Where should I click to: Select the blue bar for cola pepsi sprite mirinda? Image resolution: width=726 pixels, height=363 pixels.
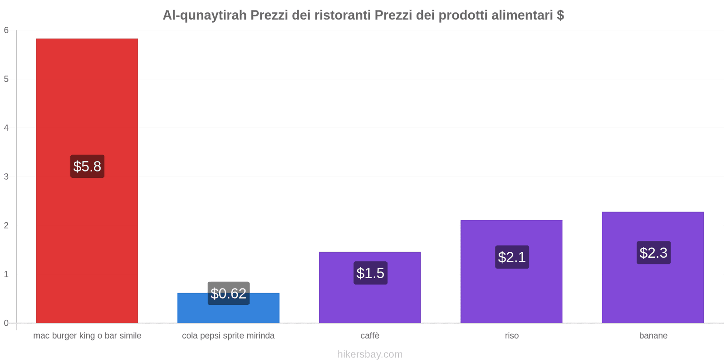point(228,313)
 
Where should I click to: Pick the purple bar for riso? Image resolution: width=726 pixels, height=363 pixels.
point(511,290)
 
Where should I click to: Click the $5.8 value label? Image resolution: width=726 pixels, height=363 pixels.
point(87,167)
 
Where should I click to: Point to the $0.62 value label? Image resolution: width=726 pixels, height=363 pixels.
point(229,294)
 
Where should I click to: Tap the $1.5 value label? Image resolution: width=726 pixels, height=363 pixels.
point(370,273)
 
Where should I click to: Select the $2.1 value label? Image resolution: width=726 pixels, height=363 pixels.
point(512,257)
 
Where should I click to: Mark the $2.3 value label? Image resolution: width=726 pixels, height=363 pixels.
point(653,253)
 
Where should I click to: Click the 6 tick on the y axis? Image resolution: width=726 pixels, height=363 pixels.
point(6,30)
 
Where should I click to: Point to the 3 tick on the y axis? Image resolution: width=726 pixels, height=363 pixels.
point(6,177)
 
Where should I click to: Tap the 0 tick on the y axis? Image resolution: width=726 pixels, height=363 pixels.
point(6,323)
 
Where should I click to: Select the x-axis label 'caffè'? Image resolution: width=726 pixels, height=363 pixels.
point(370,336)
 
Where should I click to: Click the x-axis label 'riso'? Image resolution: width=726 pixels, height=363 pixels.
point(512,336)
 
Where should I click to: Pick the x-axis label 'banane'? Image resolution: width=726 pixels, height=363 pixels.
point(653,336)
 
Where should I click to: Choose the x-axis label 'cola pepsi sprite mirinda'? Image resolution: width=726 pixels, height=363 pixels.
point(228,336)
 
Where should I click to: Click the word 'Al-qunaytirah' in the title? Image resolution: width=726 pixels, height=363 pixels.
point(205,15)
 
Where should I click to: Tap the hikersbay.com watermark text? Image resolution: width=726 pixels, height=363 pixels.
point(370,354)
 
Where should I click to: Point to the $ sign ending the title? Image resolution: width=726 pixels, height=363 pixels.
point(560,15)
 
